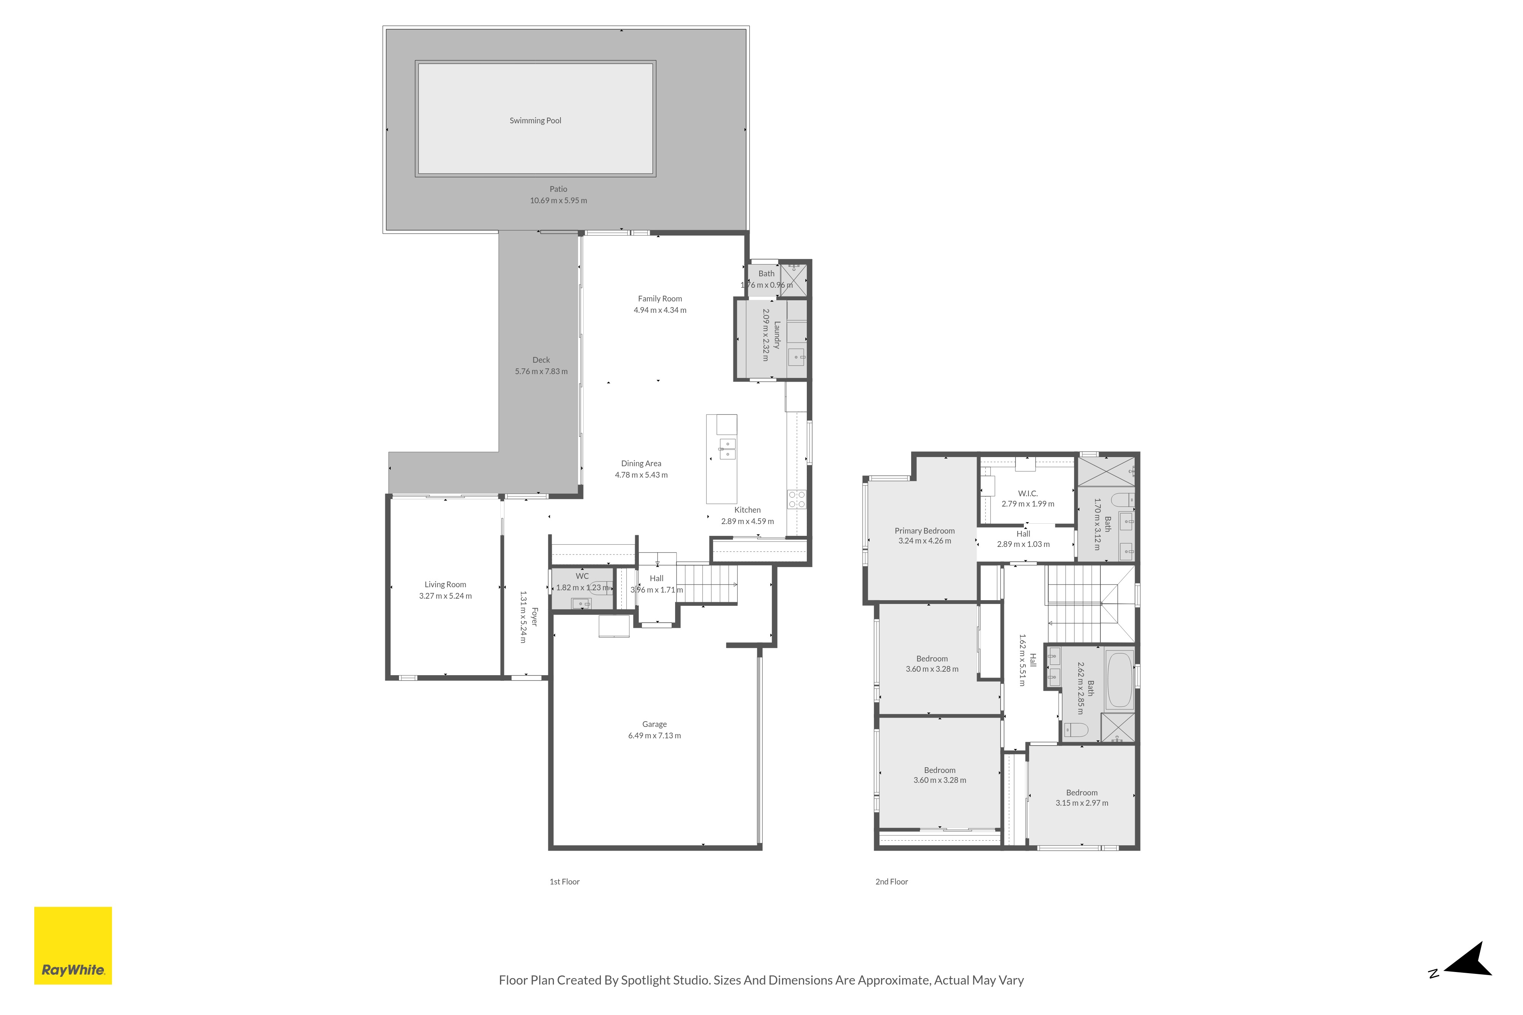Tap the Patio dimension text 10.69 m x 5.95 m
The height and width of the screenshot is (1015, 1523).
click(x=558, y=201)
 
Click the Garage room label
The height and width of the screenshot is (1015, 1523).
click(x=654, y=724)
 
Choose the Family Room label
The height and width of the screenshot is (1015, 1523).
click(x=660, y=299)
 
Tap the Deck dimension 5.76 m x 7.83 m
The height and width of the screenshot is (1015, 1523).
click(x=541, y=371)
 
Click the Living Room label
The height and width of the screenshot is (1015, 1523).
click(x=445, y=585)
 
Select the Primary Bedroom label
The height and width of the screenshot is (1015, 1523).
click(x=925, y=531)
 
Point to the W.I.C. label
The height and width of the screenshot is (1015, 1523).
click(x=1028, y=493)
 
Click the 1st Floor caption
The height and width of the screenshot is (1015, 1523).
click(x=565, y=882)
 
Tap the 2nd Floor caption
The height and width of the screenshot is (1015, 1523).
click(x=892, y=882)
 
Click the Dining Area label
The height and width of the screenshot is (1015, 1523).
click(x=641, y=464)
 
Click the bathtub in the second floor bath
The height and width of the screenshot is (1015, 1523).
click(x=1119, y=681)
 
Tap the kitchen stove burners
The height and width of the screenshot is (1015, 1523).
click(x=797, y=500)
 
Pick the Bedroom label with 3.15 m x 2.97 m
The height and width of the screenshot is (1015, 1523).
click(x=1082, y=793)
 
